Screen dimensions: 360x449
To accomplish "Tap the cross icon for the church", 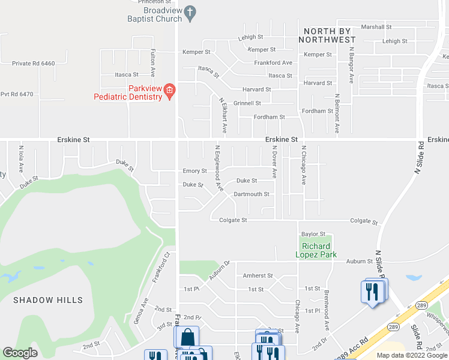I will (x=190, y=12).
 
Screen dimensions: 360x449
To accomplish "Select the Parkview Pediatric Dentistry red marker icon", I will (x=169, y=91).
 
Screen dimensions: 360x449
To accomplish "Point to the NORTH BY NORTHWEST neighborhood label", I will (x=330, y=35).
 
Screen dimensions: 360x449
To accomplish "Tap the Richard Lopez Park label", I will (x=319, y=250).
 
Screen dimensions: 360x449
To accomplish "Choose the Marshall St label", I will (x=376, y=27).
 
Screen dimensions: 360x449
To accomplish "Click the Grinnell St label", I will (x=247, y=103).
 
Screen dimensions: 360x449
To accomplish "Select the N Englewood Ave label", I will (x=218, y=169).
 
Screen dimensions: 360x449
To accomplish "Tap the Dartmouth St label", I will (x=252, y=194).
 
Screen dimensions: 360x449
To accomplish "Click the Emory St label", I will (x=194, y=171).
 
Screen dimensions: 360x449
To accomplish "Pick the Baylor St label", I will (x=313, y=234).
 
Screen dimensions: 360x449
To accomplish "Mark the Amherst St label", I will (x=258, y=276).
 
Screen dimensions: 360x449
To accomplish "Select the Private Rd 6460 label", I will (x=33, y=63).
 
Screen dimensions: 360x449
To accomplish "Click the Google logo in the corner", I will (x=20, y=353).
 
